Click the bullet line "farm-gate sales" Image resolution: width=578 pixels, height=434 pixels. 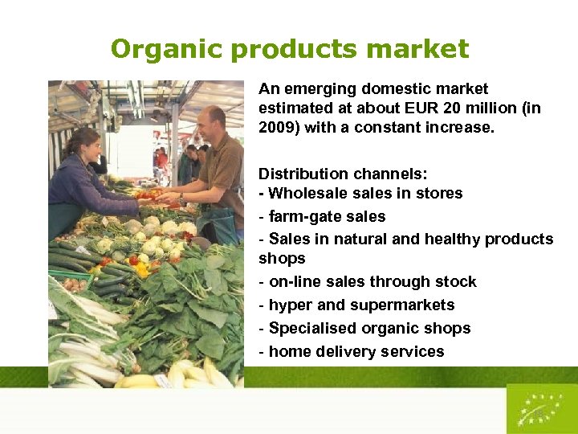tap(327, 216)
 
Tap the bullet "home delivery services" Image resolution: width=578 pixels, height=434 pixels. tap(356, 351)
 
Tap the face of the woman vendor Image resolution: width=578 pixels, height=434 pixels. tap(87, 146)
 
